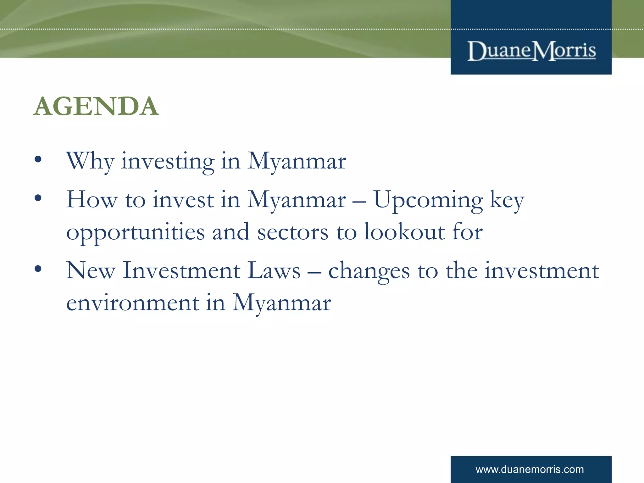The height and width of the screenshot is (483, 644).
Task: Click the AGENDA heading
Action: pyautogui.click(x=96, y=106)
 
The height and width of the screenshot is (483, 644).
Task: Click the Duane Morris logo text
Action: pyautogui.click(x=531, y=51)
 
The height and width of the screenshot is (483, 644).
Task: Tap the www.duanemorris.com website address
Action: pyautogui.click(x=530, y=469)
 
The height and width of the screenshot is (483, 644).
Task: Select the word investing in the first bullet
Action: pyautogui.click(x=168, y=161)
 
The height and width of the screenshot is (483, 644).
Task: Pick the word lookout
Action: pyautogui.click(x=404, y=232)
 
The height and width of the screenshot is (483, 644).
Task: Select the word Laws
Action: pyautogui.click(x=274, y=270)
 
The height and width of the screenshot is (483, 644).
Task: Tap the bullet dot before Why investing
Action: pyautogui.click(x=38, y=159)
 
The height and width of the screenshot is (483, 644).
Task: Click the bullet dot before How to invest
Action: pyautogui.click(x=38, y=198)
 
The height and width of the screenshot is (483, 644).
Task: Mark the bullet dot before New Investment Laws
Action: pyautogui.click(x=38, y=269)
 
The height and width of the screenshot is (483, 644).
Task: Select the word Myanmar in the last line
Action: pyautogui.click(x=281, y=303)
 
